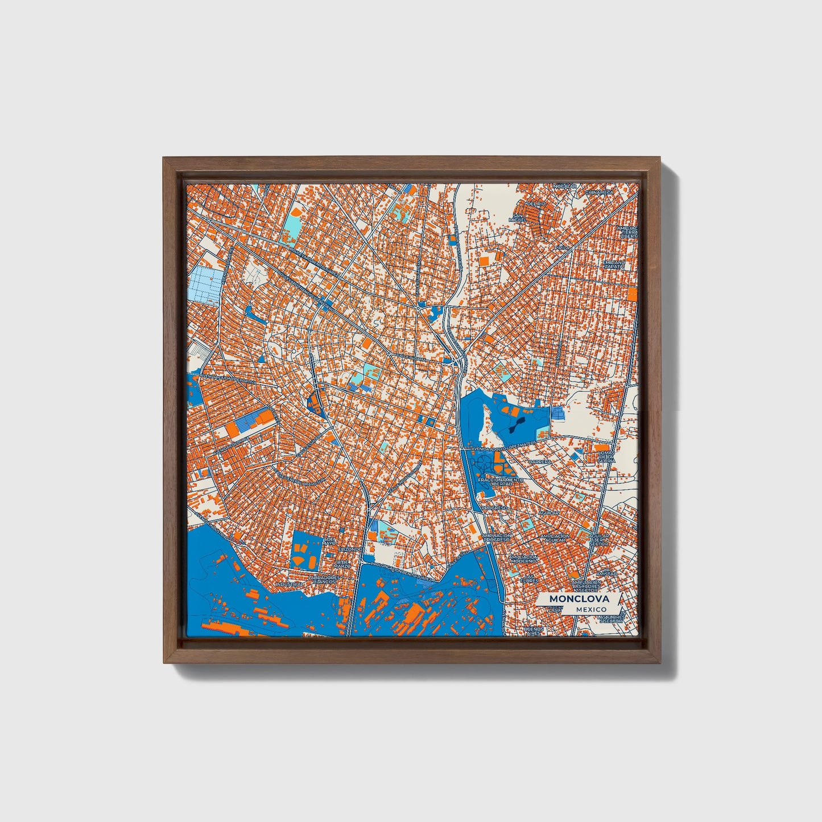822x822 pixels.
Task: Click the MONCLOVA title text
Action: [579, 599]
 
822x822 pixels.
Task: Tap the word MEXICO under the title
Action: [590, 609]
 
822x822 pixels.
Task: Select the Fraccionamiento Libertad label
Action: [500, 482]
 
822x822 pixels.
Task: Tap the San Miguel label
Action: [518, 218]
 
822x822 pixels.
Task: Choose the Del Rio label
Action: [536, 203]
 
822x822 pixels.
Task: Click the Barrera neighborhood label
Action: [539, 462]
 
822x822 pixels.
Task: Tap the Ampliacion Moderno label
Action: [523, 559]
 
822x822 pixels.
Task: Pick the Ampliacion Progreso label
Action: [497, 538]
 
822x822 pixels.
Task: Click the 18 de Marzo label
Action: [342, 564]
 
